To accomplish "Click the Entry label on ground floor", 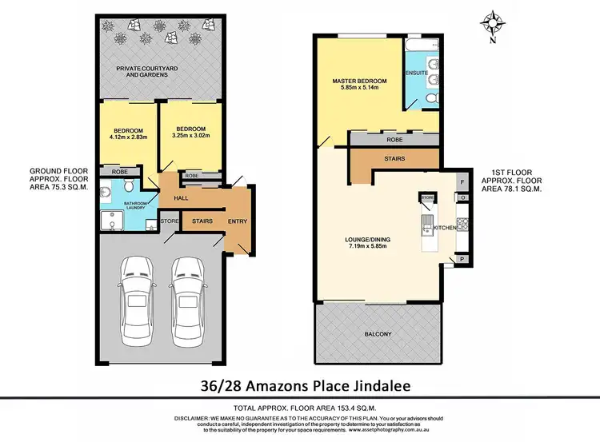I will pyautogui.click(x=238, y=221).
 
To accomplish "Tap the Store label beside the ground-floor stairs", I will pyautogui.click(x=168, y=221).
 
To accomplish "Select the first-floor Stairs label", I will pyautogui.click(x=394, y=158).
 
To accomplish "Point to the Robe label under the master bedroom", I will pyautogui.click(x=394, y=138).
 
